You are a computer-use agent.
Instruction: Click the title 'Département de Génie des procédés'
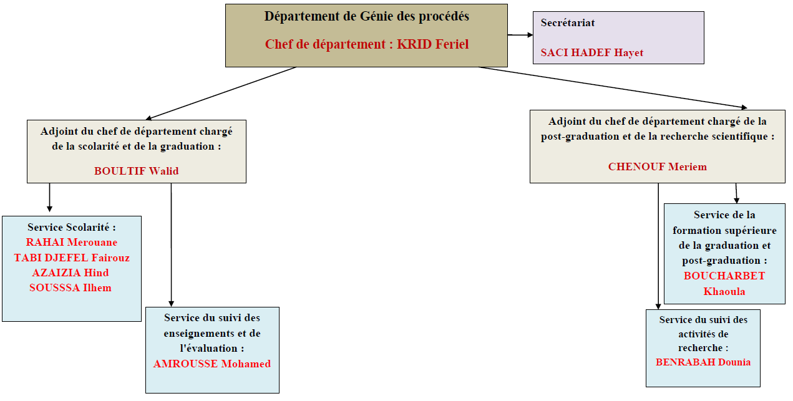pos(366,17)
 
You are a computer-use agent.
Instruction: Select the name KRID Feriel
pos(432,44)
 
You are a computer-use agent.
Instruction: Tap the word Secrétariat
pos(568,23)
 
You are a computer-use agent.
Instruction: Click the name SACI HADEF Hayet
pos(591,53)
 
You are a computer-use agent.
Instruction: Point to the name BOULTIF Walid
pos(136,171)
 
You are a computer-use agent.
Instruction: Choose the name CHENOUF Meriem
pos(658,167)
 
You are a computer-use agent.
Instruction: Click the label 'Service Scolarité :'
pos(72,227)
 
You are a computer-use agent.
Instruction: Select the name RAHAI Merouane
pos(72,243)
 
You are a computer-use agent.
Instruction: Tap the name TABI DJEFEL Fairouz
pos(72,258)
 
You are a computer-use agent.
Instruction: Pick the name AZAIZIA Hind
pos(71,273)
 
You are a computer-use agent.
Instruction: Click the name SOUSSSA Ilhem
pos(70,287)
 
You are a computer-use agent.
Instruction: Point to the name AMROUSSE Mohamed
pos(212,364)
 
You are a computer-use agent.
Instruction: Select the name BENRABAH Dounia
pos(703,362)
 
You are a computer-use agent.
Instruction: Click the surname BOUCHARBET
pos(724,276)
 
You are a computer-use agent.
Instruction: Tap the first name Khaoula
pos(724,292)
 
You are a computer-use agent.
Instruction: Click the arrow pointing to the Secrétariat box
pos(520,35)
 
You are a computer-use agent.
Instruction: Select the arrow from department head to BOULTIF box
pos(220,94)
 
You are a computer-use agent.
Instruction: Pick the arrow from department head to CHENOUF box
pos(613,87)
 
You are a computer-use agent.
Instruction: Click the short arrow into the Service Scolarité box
pos(49,198)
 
